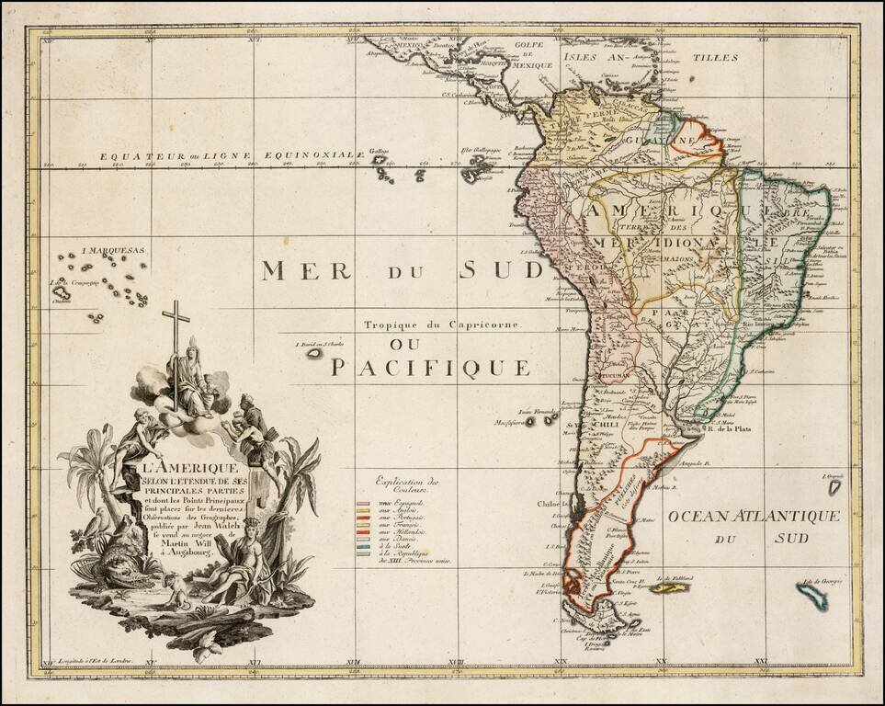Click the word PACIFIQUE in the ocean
pyautogui.click(x=430, y=368)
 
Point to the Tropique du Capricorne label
pyautogui.click(x=442, y=325)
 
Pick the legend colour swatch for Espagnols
pyautogui.click(x=362, y=504)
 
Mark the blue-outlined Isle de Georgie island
pyautogui.click(x=811, y=596)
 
